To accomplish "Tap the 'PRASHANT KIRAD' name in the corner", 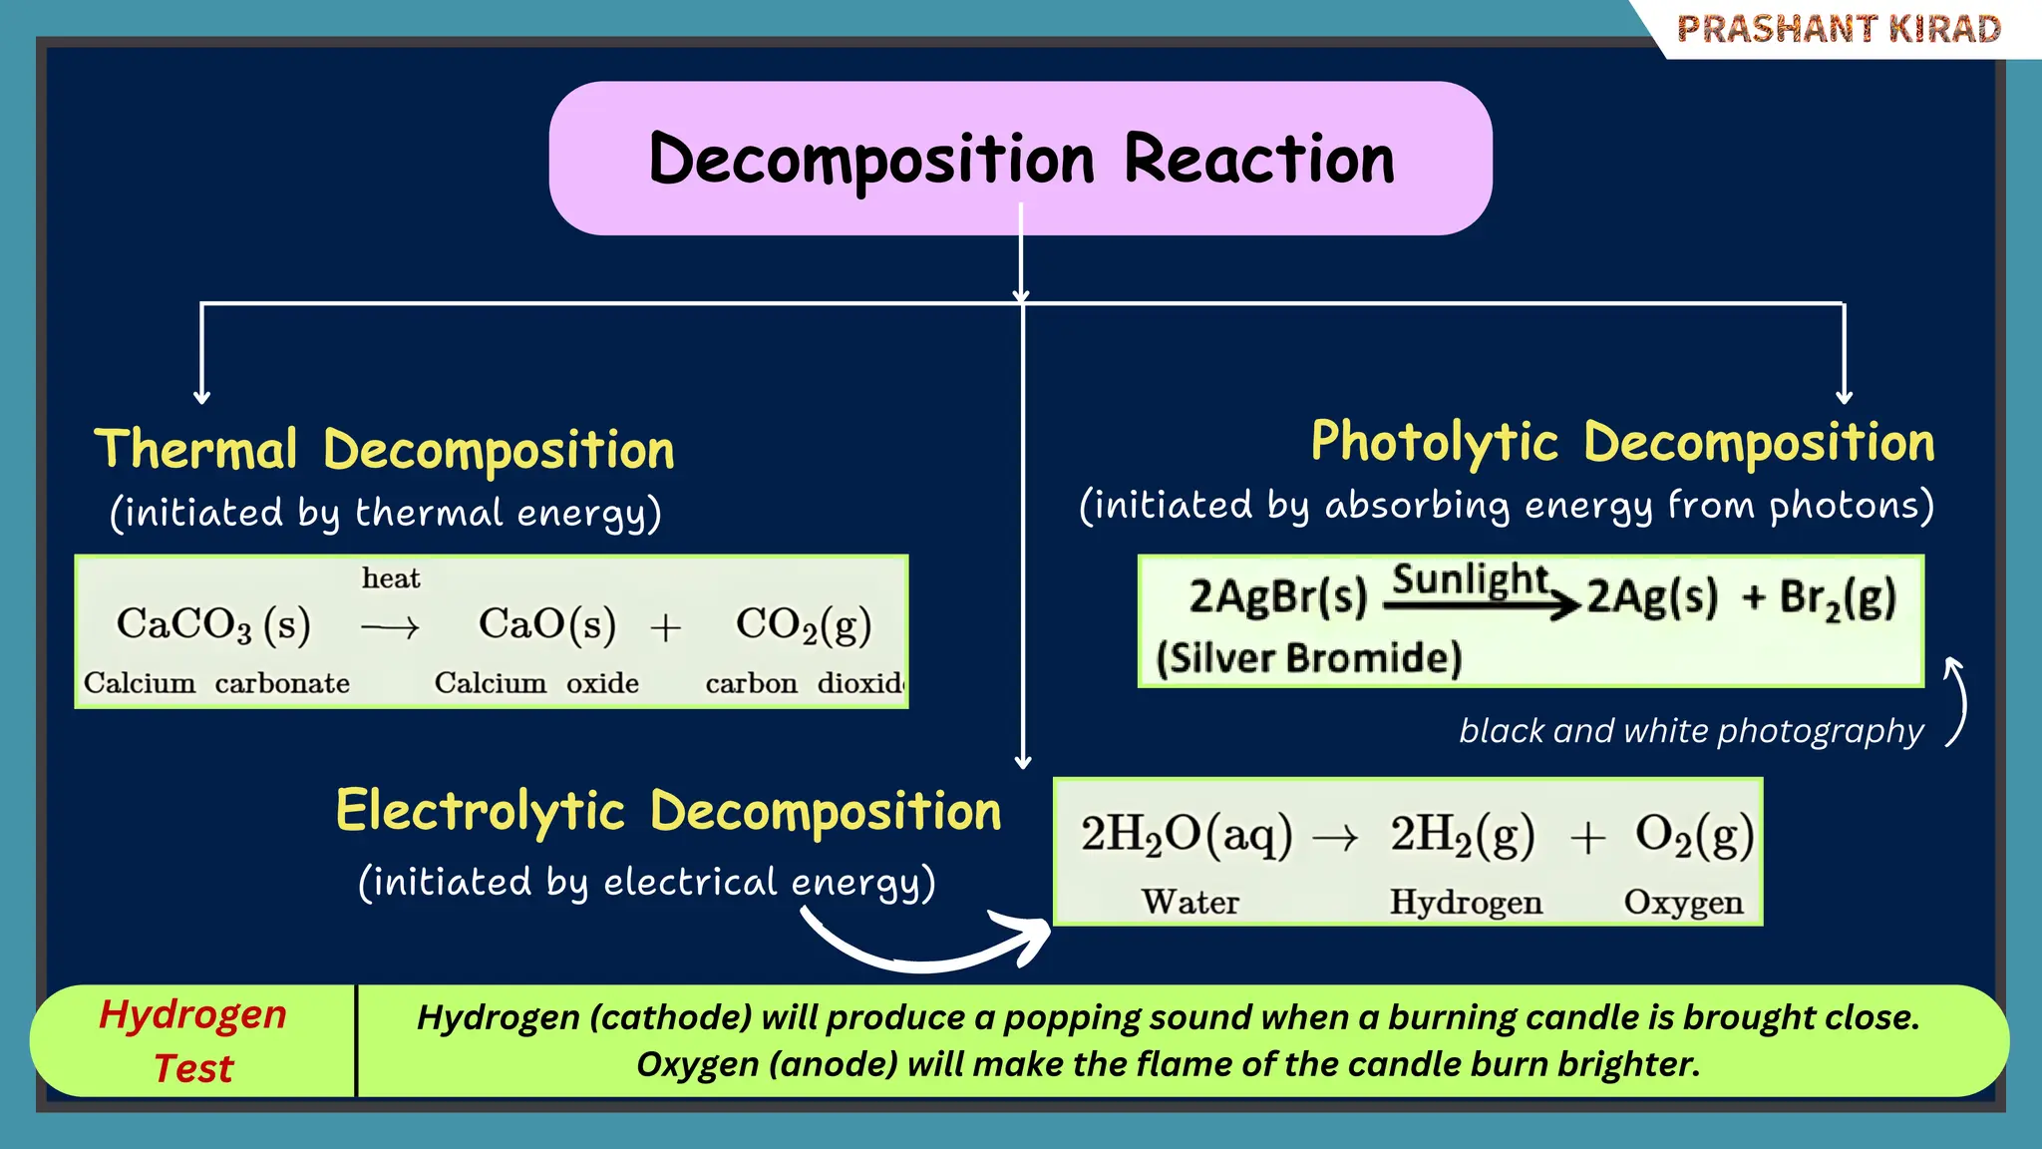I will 1839,29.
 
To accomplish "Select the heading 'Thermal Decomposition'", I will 384,449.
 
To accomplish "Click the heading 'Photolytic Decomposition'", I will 1622,442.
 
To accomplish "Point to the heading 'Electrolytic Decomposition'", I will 668,810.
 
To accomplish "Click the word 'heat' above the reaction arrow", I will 391,578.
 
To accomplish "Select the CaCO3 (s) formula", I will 213,624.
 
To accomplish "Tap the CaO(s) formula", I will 546,624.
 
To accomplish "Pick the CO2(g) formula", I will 804,625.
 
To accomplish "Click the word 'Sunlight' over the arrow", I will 1470,578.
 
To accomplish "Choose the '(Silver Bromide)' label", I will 1308,658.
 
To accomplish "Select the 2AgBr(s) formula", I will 1277,596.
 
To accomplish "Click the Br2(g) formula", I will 1838,598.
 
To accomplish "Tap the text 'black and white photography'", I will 1691,731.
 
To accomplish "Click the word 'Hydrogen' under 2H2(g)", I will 1466,902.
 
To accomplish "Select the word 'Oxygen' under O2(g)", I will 1683,902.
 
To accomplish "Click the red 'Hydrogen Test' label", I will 193,1041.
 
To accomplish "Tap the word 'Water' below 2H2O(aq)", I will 1191,902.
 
